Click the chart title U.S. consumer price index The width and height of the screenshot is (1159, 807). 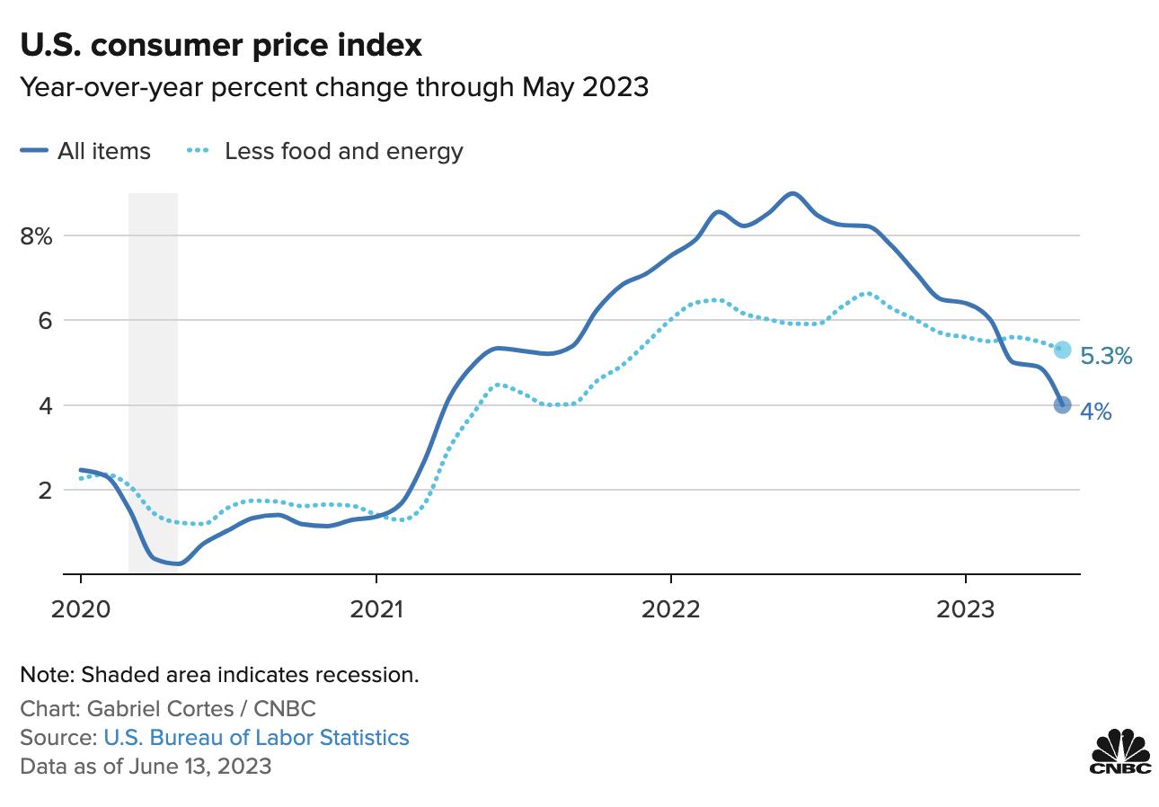point(221,46)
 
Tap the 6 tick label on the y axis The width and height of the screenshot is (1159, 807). point(43,321)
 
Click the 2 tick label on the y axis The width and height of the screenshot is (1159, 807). point(43,491)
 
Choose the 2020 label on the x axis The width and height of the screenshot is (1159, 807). point(81,609)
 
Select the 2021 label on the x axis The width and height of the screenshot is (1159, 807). point(376,609)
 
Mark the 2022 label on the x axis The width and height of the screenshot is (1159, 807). point(671,609)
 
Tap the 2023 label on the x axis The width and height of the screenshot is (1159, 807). point(966,609)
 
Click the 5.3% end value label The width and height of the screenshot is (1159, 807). point(1106,357)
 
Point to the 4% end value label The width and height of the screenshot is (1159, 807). point(1096,412)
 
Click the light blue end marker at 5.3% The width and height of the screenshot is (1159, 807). point(1062,350)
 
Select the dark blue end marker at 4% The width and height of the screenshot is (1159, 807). point(1062,405)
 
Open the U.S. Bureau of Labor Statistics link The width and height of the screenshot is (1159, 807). point(256,738)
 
